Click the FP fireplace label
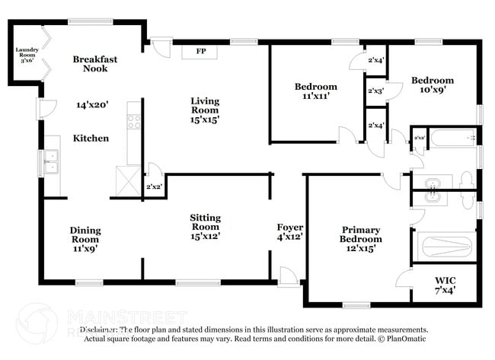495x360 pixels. point(201,52)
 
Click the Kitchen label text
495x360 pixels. point(91,139)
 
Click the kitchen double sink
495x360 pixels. point(51,162)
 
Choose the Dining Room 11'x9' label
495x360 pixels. point(85,238)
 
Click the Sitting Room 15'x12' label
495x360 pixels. point(205,226)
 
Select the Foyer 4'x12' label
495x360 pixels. point(290,232)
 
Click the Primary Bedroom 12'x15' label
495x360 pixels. point(361,238)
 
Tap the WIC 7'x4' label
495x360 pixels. point(445,284)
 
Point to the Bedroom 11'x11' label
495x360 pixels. point(316,91)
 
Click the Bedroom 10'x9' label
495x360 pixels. point(433,84)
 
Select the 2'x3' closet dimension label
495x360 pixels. point(375,91)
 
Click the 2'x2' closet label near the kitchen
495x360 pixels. point(153,186)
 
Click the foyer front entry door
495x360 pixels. point(288,277)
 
